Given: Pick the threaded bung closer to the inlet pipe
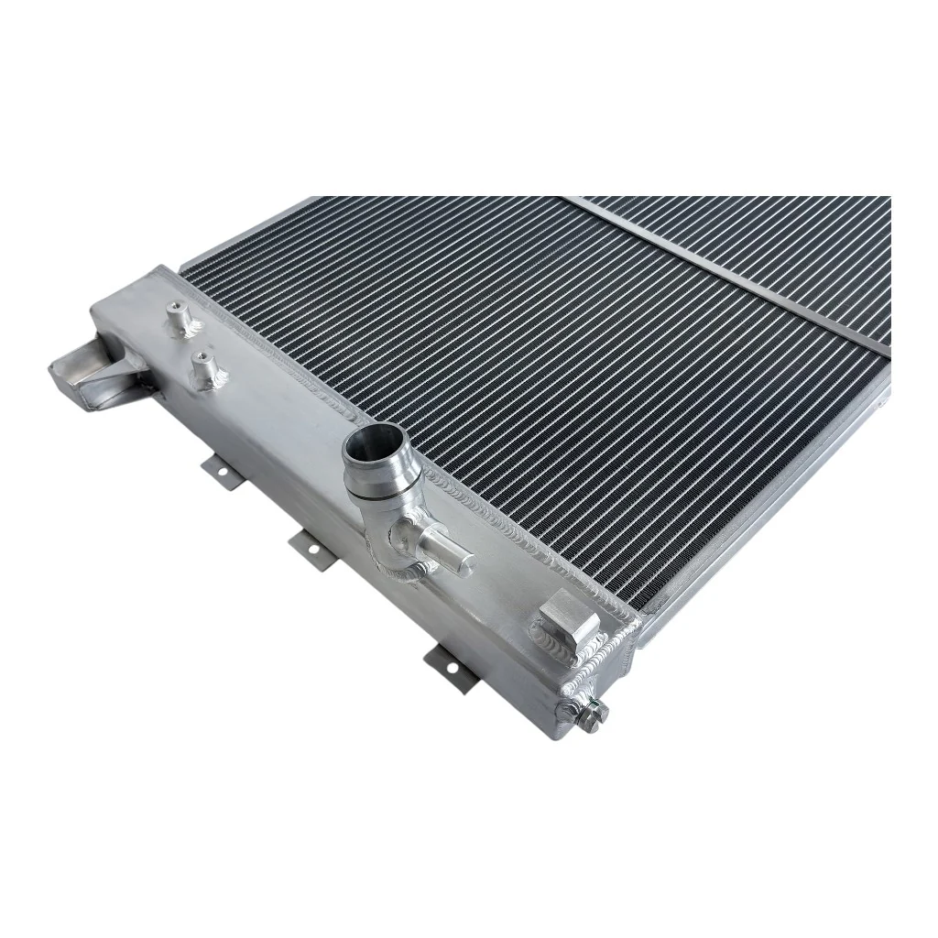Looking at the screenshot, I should [x=203, y=367].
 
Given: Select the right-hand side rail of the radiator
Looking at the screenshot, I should [x=779, y=513].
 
